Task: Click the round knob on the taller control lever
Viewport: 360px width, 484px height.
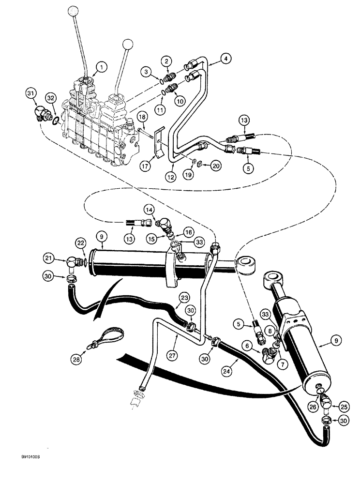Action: (x=73, y=11)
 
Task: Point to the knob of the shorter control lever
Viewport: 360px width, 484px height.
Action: (x=128, y=45)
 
